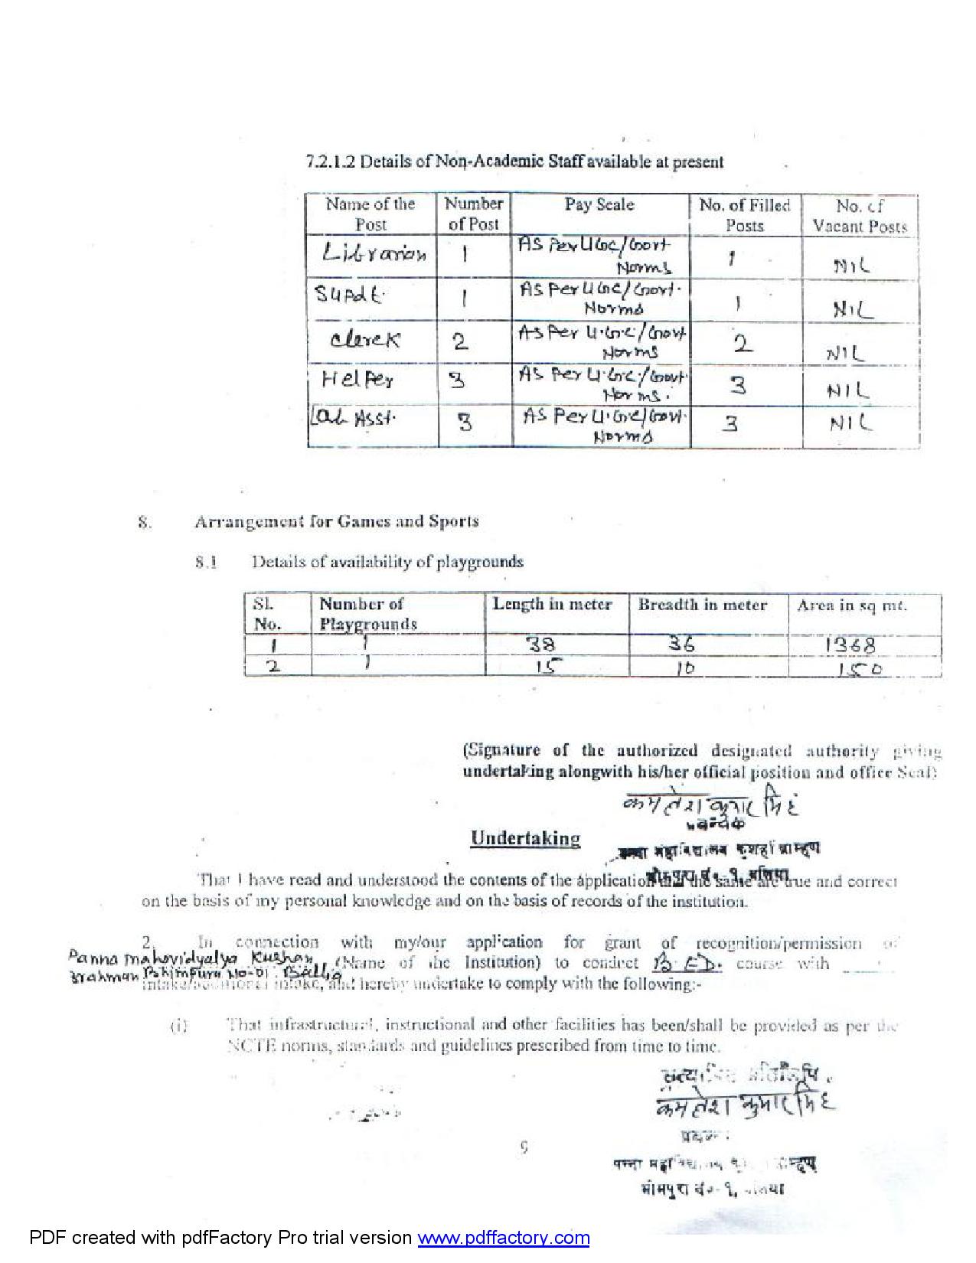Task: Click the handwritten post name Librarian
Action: [x=374, y=254]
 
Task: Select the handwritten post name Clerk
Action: [x=364, y=338]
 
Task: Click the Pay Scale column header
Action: [x=599, y=204]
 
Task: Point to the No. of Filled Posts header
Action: [x=744, y=215]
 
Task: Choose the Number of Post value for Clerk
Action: [x=460, y=341]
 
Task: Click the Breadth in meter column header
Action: [x=702, y=605]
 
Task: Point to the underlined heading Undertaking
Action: [x=525, y=838]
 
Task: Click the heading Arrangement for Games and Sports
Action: [x=336, y=521]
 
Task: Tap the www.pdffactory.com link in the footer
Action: [x=503, y=1238]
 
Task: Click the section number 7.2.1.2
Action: [x=331, y=162]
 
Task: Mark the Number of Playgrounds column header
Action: [x=367, y=614]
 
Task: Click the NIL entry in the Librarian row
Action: [x=851, y=266]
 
